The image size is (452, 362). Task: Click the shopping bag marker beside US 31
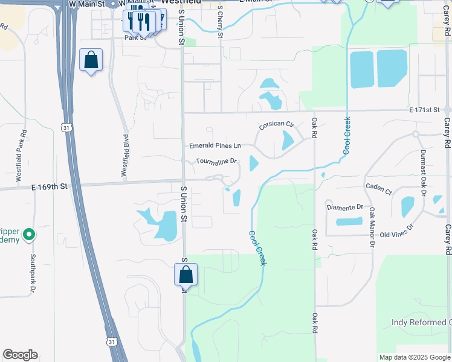(x=91, y=60)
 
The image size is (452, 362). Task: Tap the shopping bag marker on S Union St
(x=186, y=275)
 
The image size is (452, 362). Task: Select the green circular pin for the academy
(x=28, y=235)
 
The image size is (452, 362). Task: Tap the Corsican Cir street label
(x=276, y=125)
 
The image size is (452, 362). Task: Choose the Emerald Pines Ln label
(x=215, y=146)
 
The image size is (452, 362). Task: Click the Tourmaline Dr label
(x=216, y=162)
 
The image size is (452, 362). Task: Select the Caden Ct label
(x=378, y=188)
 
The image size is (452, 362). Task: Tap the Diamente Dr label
(x=344, y=207)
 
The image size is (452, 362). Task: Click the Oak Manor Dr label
(x=372, y=229)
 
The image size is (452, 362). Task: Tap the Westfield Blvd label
(x=125, y=159)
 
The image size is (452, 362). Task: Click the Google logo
(x=21, y=355)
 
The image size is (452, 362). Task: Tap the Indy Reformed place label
(x=420, y=323)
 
